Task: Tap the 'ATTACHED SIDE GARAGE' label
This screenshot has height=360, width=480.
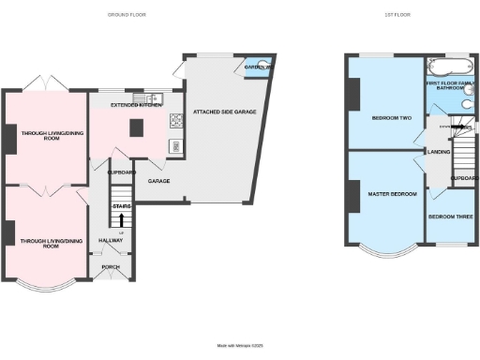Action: [x=225, y=112]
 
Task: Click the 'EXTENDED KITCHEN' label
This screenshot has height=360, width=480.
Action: [x=132, y=106]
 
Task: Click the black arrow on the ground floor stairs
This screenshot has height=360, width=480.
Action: [x=121, y=222]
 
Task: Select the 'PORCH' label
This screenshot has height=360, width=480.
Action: [x=111, y=266]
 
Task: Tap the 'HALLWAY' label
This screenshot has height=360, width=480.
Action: [x=112, y=240]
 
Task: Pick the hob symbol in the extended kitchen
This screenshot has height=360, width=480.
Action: [x=174, y=121]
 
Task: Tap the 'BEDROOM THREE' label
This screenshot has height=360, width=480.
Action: [x=450, y=217]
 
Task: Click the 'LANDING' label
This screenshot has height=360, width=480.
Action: [x=438, y=151]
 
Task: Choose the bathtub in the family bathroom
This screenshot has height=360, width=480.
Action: [x=446, y=67]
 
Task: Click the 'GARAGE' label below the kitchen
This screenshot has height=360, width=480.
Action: [x=157, y=180]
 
